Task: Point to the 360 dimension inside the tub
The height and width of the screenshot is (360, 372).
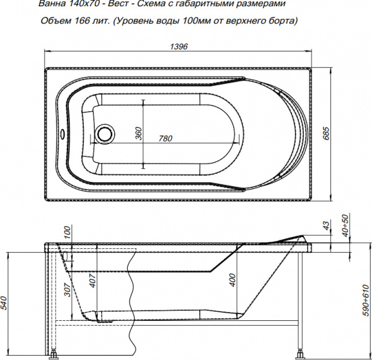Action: point(139,133)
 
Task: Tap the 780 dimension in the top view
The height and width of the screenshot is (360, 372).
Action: point(165,138)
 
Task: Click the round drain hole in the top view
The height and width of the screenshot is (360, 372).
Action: point(105,133)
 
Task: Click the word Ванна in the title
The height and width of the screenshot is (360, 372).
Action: point(52,6)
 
